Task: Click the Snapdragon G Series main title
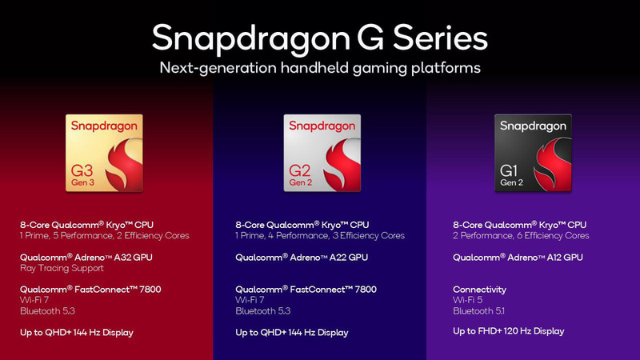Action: coord(319,37)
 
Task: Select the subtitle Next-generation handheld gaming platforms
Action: coord(319,68)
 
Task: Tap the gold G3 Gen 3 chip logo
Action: coord(104,153)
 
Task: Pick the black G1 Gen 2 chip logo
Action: coord(534,153)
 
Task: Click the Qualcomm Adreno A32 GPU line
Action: coord(86,257)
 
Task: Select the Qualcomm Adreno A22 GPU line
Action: coord(302,257)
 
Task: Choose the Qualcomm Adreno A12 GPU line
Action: coord(518,257)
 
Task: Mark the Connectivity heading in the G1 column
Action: coord(479,289)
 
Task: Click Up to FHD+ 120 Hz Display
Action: coord(508,330)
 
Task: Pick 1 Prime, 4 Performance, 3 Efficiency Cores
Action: coord(320,236)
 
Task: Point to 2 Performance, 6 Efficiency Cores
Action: coord(521,236)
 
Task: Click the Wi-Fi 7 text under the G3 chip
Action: coord(34,300)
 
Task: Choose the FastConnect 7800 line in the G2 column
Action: coord(306,289)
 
